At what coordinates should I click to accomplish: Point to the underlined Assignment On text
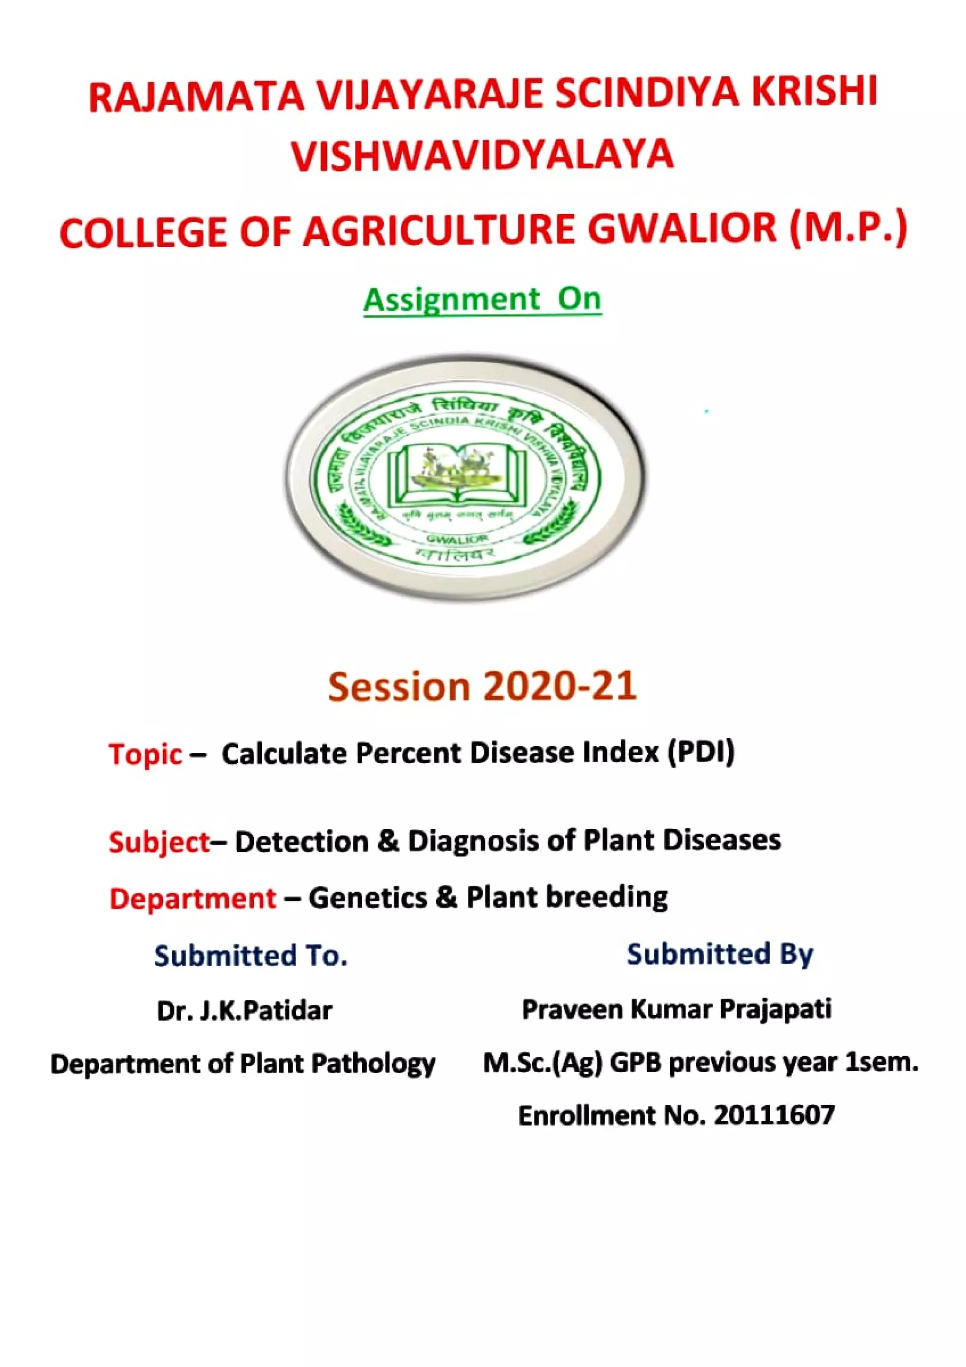[x=482, y=299]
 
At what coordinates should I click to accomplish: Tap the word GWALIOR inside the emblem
[x=457, y=538]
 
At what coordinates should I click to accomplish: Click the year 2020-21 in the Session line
[x=559, y=686]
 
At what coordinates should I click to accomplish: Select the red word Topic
[x=145, y=754]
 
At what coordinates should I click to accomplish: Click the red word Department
[x=193, y=899]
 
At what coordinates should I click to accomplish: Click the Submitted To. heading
[x=250, y=956]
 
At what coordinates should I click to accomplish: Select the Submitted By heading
[x=720, y=954]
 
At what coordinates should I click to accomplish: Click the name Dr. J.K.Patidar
[x=244, y=1011]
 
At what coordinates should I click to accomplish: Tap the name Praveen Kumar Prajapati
[x=676, y=1009]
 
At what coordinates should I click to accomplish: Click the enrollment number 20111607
[x=774, y=1115]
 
